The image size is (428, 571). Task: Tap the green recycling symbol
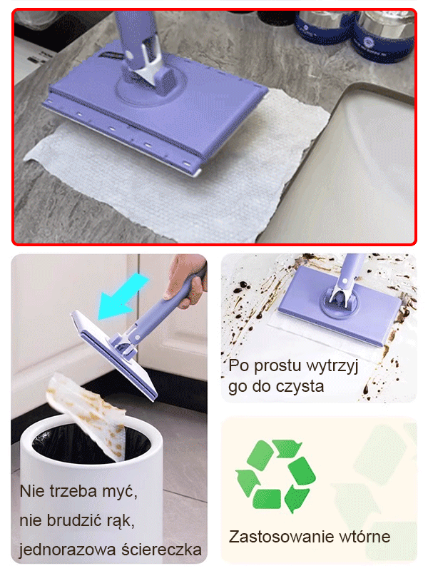coord(275,475)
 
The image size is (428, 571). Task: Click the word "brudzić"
coord(81,521)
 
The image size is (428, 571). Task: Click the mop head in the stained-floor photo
coord(342,303)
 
